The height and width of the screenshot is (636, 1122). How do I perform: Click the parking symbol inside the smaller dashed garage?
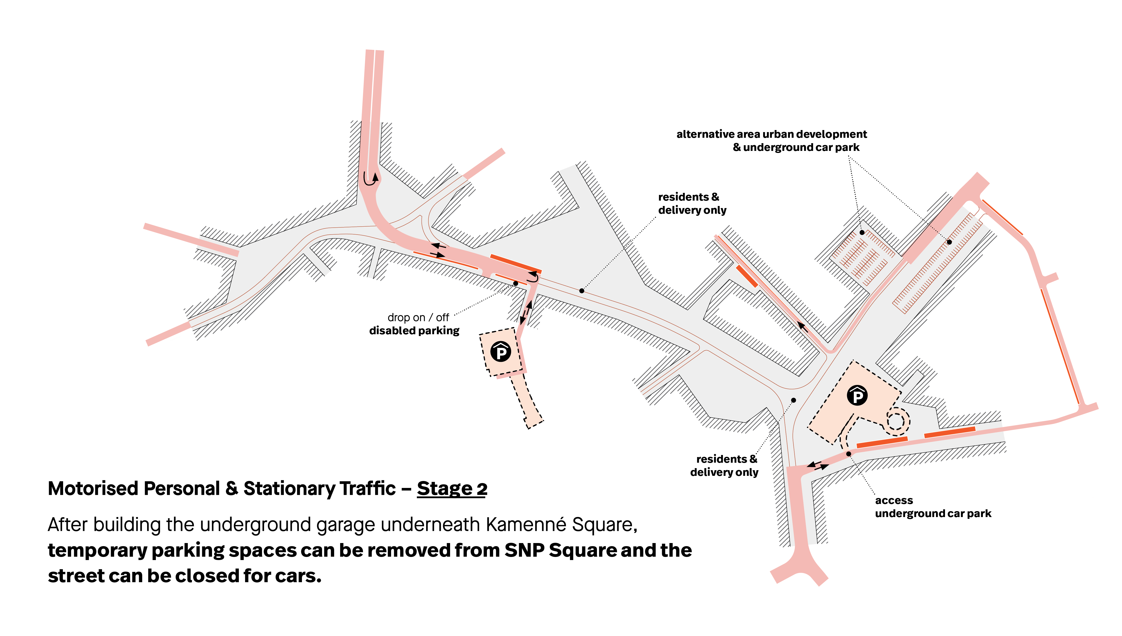click(501, 352)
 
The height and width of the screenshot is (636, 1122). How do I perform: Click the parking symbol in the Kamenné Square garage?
click(857, 396)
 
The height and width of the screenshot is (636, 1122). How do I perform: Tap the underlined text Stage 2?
click(452, 488)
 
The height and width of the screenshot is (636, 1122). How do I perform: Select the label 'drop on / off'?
click(418, 317)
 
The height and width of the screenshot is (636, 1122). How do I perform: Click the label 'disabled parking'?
click(414, 331)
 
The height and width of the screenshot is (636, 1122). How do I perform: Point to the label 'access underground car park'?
click(933, 507)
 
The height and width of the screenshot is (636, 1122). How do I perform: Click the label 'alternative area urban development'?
click(772, 134)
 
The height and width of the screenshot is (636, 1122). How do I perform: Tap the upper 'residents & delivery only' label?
click(692, 204)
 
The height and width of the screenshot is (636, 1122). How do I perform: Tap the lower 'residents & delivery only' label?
click(724, 466)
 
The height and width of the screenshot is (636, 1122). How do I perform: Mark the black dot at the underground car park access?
click(848, 454)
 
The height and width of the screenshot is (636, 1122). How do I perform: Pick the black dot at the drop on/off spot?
click(516, 283)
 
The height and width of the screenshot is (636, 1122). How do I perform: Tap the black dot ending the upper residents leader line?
click(581, 290)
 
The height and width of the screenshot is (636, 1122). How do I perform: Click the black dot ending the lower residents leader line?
click(794, 400)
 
